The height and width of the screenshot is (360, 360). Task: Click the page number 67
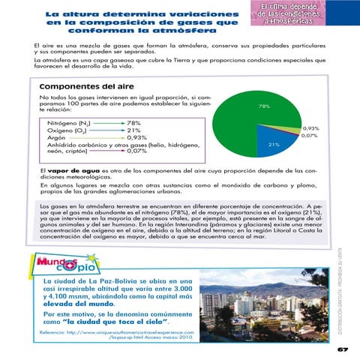click(342, 349)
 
